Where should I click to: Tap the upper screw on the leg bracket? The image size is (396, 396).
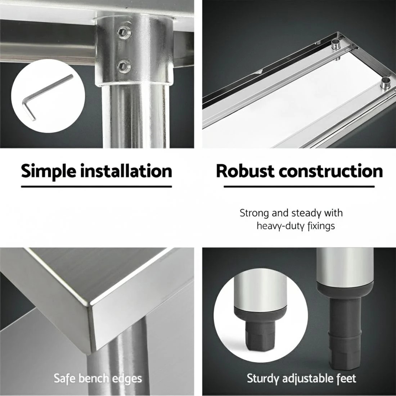coord(123,32)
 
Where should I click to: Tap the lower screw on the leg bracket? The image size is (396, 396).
coord(124,66)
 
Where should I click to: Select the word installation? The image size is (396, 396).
coord(127,171)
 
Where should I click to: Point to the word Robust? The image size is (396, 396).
coord(245,171)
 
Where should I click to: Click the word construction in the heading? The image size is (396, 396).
coord(331,171)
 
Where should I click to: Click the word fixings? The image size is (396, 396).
coord(321,225)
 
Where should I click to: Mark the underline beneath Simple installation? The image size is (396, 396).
coord(96,187)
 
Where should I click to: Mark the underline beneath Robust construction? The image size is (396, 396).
coord(299,187)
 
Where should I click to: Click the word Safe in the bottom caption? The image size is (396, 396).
coord(65,378)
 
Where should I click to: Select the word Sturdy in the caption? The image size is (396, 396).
coord(263,379)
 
